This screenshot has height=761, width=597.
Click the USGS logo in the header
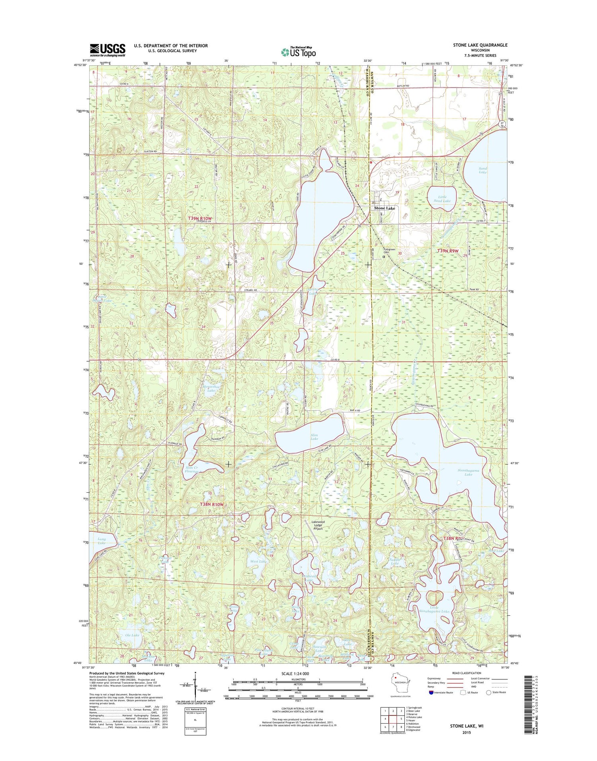107,50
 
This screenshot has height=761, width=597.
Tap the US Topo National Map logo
298,52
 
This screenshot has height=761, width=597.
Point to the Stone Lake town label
384,208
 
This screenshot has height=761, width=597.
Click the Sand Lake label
482,170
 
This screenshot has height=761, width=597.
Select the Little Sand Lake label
442,199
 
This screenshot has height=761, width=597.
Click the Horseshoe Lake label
211,389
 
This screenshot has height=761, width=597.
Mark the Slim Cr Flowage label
191,469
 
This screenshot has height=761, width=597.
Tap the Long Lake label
101,541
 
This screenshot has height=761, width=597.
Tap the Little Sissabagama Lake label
434,611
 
